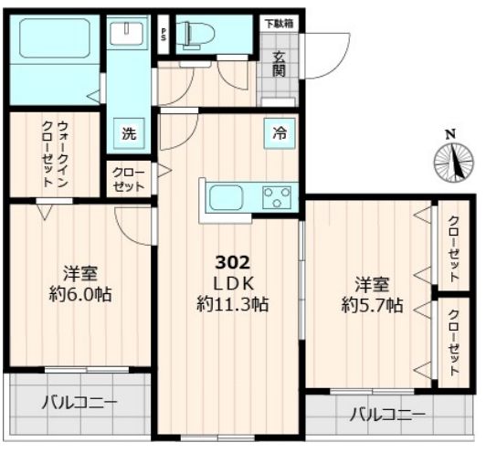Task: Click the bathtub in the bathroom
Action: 55,38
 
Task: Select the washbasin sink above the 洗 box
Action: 127,33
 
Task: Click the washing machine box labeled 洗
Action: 129,133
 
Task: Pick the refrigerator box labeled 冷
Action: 280,133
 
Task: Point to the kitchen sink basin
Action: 226,197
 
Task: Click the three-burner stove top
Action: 277,197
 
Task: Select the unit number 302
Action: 232,263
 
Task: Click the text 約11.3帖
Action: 232,304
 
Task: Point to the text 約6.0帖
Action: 80,294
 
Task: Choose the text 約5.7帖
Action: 372,306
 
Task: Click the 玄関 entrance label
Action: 279,64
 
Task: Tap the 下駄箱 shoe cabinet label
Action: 279,24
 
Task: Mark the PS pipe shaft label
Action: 163,35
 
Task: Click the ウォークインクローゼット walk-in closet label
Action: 55,154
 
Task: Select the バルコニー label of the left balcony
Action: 79,403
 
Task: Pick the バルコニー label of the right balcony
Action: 387,415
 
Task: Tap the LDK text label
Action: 233,283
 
